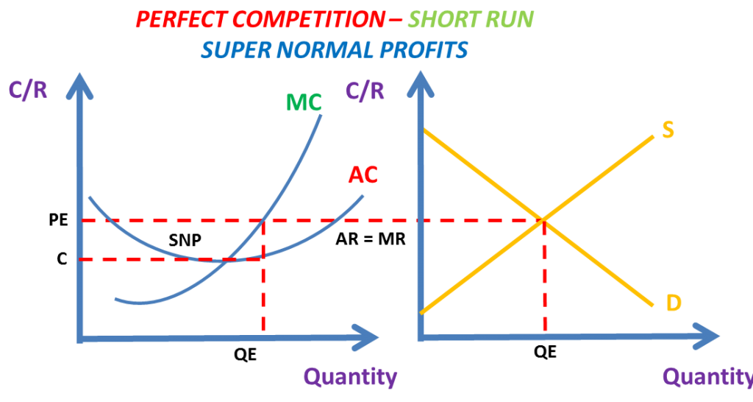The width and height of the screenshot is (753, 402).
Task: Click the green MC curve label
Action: (x=304, y=102)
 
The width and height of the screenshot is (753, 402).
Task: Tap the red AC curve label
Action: (x=363, y=174)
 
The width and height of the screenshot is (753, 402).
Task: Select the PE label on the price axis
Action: (x=59, y=219)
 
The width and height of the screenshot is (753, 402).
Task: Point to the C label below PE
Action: (x=62, y=258)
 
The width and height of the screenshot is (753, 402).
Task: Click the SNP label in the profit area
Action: (x=185, y=240)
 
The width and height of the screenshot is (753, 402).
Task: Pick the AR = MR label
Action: (x=371, y=239)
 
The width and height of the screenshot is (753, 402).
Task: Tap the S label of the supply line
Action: (x=668, y=130)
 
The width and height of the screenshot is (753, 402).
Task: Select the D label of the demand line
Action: (x=674, y=303)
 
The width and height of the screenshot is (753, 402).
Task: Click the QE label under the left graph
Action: (x=246, y=355)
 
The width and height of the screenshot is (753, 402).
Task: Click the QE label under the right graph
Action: (x=545, y=352)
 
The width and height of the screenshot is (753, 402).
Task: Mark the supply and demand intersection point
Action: (x=543, y=220)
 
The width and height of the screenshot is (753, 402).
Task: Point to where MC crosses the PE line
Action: (x=263, y=221)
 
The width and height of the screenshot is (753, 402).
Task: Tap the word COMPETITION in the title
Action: (x=308, y=20)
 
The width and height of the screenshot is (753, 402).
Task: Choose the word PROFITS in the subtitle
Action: (x=424, y=50)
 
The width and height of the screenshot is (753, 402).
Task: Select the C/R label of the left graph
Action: (x=28, y=89)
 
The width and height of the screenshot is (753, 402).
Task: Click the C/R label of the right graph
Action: (x=365, y=91)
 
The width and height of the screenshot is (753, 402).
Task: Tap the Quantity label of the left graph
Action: (x=351, y=377)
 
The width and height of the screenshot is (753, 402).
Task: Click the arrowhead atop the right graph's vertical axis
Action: (x=421, y=85)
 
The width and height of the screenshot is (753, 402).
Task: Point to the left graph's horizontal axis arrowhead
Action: (x=365, y=337)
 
